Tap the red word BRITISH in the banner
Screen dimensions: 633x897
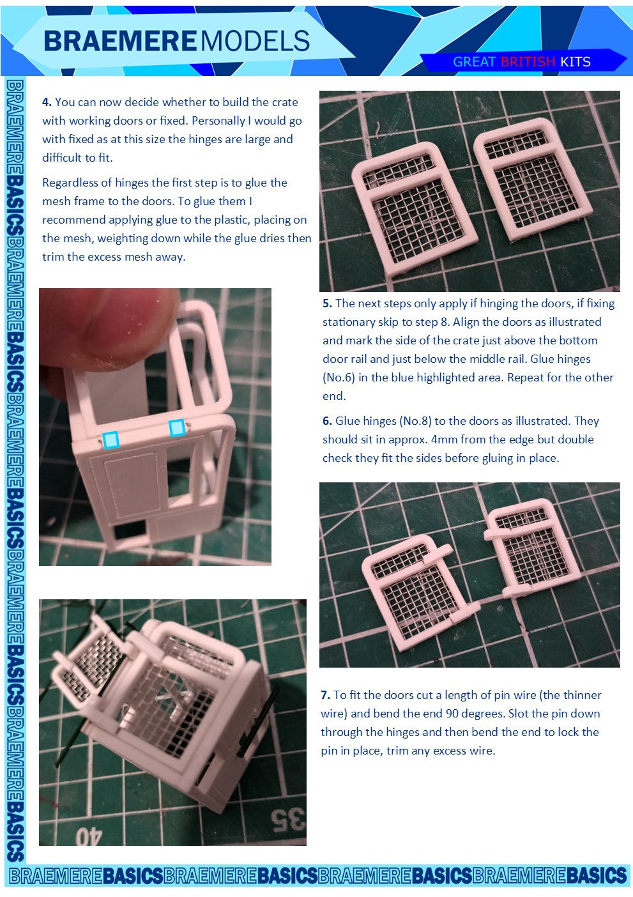pos(528,62)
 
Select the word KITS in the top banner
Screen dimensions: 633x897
pos(576,62)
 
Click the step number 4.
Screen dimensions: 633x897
pos(47,102)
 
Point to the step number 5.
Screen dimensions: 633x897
pos(327,303)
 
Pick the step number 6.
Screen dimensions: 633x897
pos(327,421)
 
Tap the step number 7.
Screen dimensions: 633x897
pos(325,694)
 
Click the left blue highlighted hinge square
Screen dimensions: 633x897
pos(111,440)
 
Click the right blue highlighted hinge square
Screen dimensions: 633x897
pos(176,427)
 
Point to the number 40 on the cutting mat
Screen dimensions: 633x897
pos(88,836)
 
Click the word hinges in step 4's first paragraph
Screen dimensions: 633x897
pos(204,140)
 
